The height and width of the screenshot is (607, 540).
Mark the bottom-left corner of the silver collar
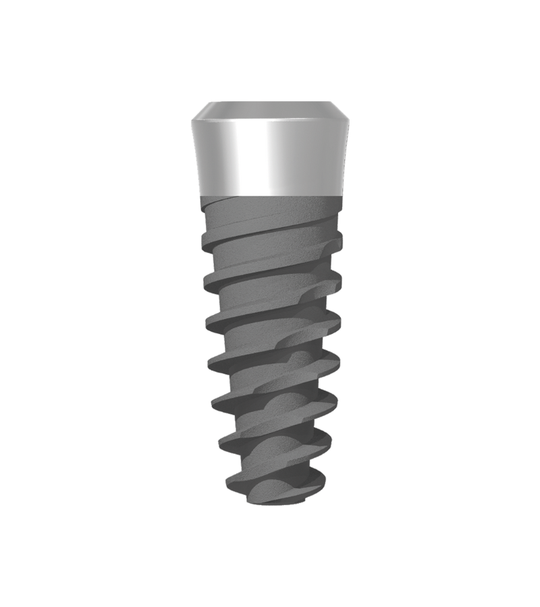pos(200,194)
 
